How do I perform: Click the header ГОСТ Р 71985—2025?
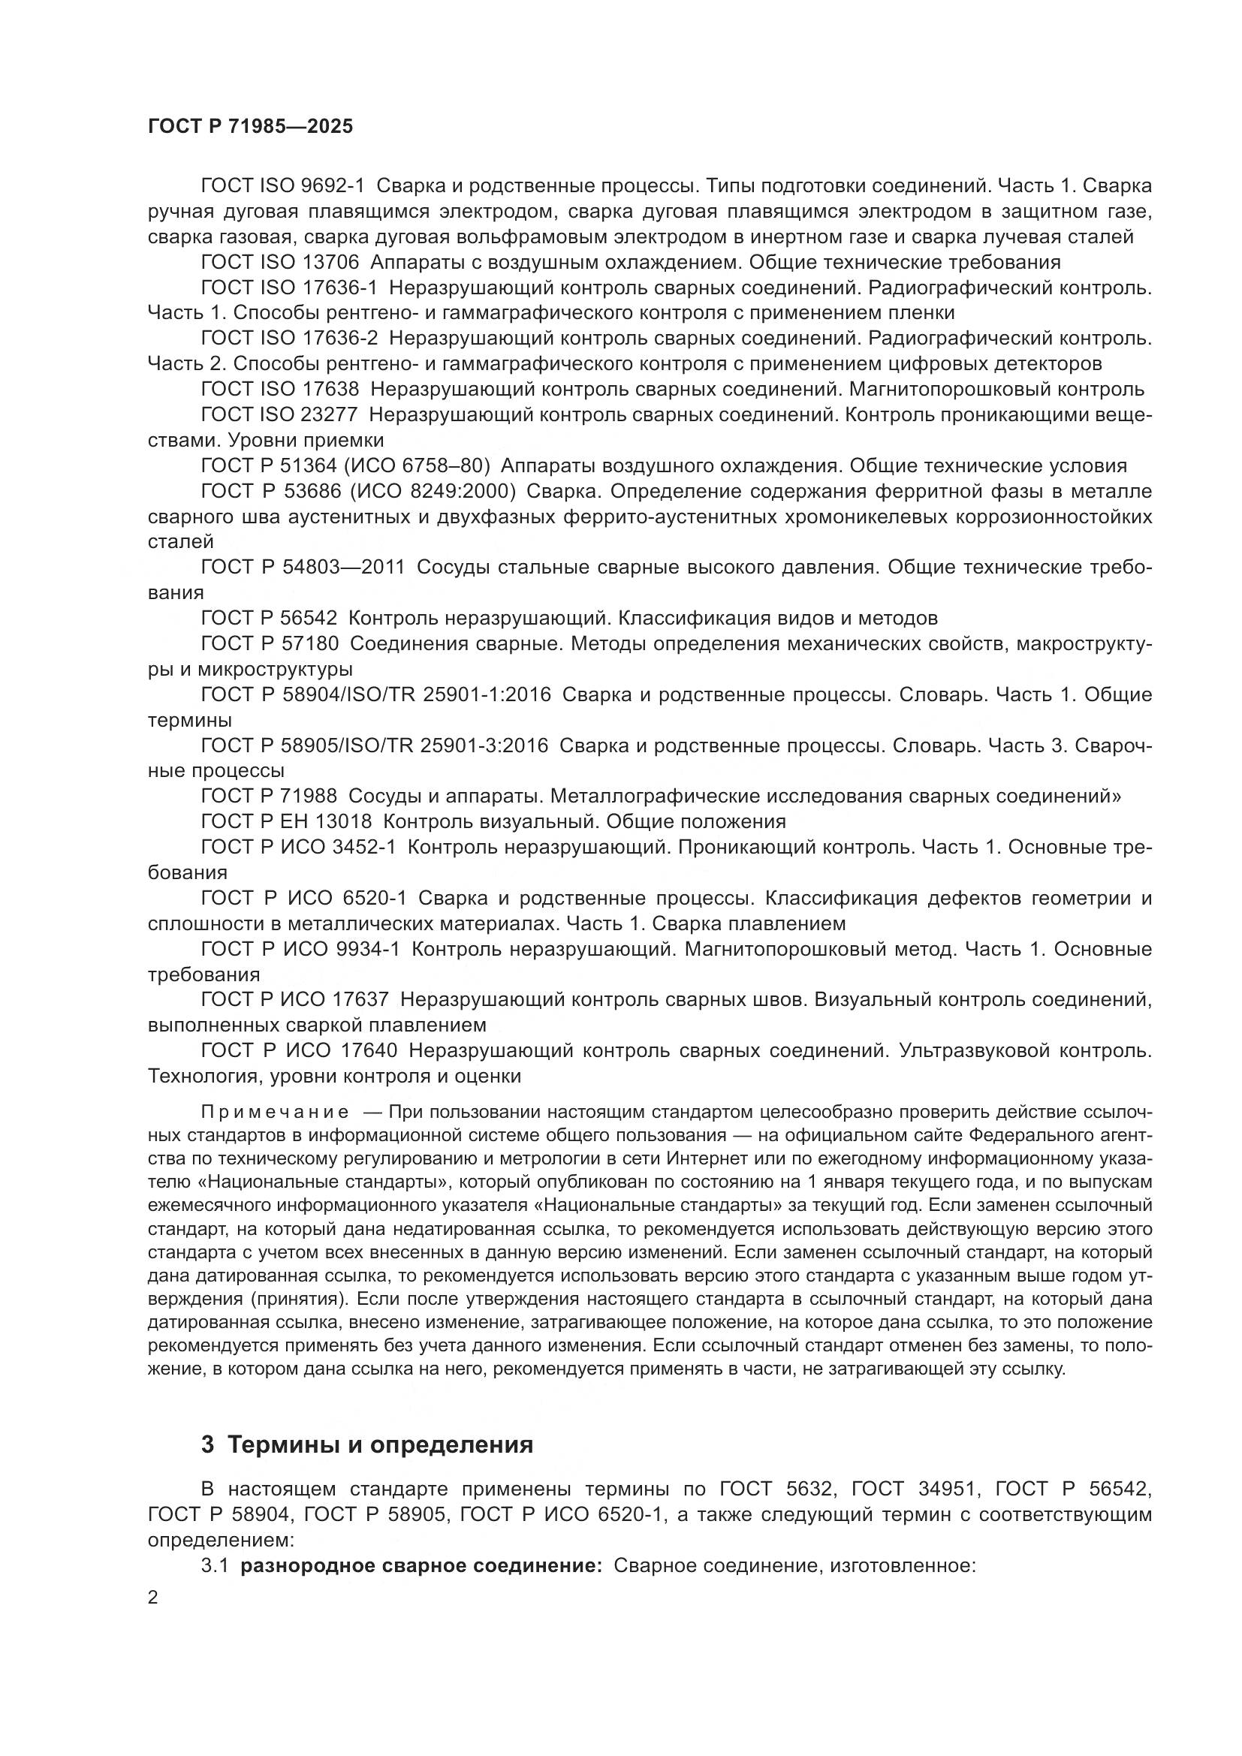(250, 126)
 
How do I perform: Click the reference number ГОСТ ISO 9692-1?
(283, 186)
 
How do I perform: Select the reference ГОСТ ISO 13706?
(280, 262)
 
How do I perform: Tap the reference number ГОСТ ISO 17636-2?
(289, 338)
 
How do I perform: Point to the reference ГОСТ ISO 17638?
(280, 390)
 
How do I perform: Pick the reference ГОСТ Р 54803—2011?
(303, 568)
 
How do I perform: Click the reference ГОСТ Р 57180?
(270, 644)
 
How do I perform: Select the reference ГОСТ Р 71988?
(270, 796)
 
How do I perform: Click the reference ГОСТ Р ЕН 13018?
(286, 821)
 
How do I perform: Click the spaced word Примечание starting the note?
(275, 1111)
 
